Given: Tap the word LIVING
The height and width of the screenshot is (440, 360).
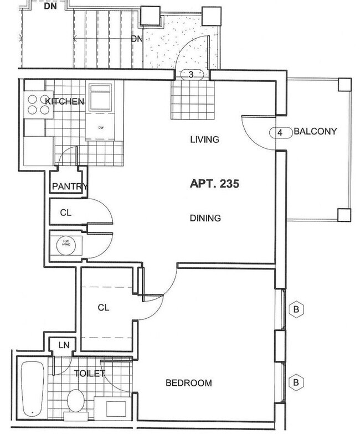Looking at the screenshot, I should point(205,139).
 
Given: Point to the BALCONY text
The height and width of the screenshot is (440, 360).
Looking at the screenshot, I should point(315,132).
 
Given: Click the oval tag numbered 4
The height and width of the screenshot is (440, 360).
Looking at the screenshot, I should point(280,133).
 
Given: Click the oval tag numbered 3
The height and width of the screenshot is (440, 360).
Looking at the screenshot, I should point(191,75).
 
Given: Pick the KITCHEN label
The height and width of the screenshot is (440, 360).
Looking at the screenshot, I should point(64,102).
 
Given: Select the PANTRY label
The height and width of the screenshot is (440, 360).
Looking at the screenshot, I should point(69,187).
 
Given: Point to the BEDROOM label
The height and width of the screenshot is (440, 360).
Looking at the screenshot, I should point(189,383).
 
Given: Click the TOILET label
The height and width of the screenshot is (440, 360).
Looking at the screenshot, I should point(89,374).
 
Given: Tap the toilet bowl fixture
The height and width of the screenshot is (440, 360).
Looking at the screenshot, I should point(75,400).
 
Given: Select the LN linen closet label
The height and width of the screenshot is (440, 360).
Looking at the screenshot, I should point(64,345).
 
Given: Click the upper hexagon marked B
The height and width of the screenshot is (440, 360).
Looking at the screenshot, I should point(296,309).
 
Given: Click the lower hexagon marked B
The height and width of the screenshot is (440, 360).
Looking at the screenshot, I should point(296,381).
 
